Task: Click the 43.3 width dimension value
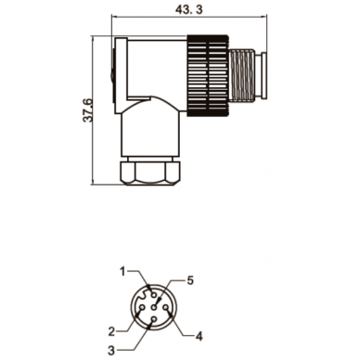189,9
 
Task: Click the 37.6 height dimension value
88,110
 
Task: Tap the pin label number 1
122,272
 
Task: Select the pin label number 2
112,331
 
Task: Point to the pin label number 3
111,351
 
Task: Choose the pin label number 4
199,336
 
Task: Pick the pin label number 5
190,280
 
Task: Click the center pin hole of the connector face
153,307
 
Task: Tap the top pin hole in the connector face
153,295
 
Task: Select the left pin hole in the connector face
142,307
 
